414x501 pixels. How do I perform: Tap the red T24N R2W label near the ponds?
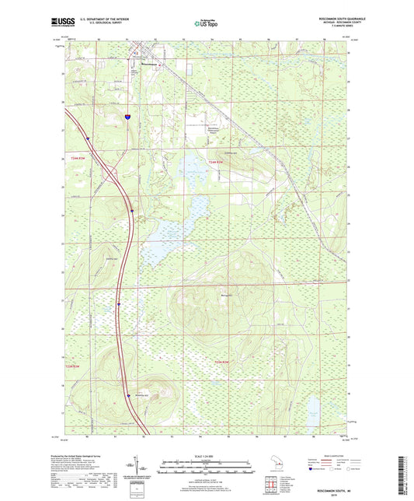(x=221, y=162)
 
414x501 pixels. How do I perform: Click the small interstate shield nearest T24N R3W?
(x=88, y=138)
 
